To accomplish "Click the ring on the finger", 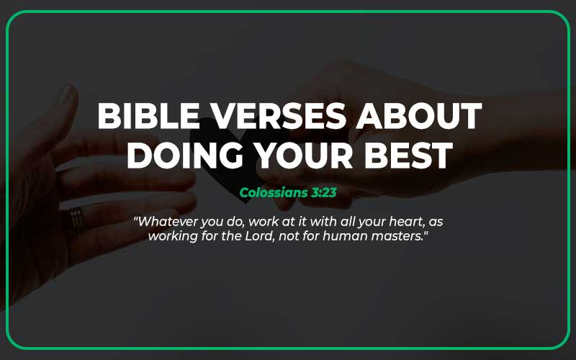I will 76,219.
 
